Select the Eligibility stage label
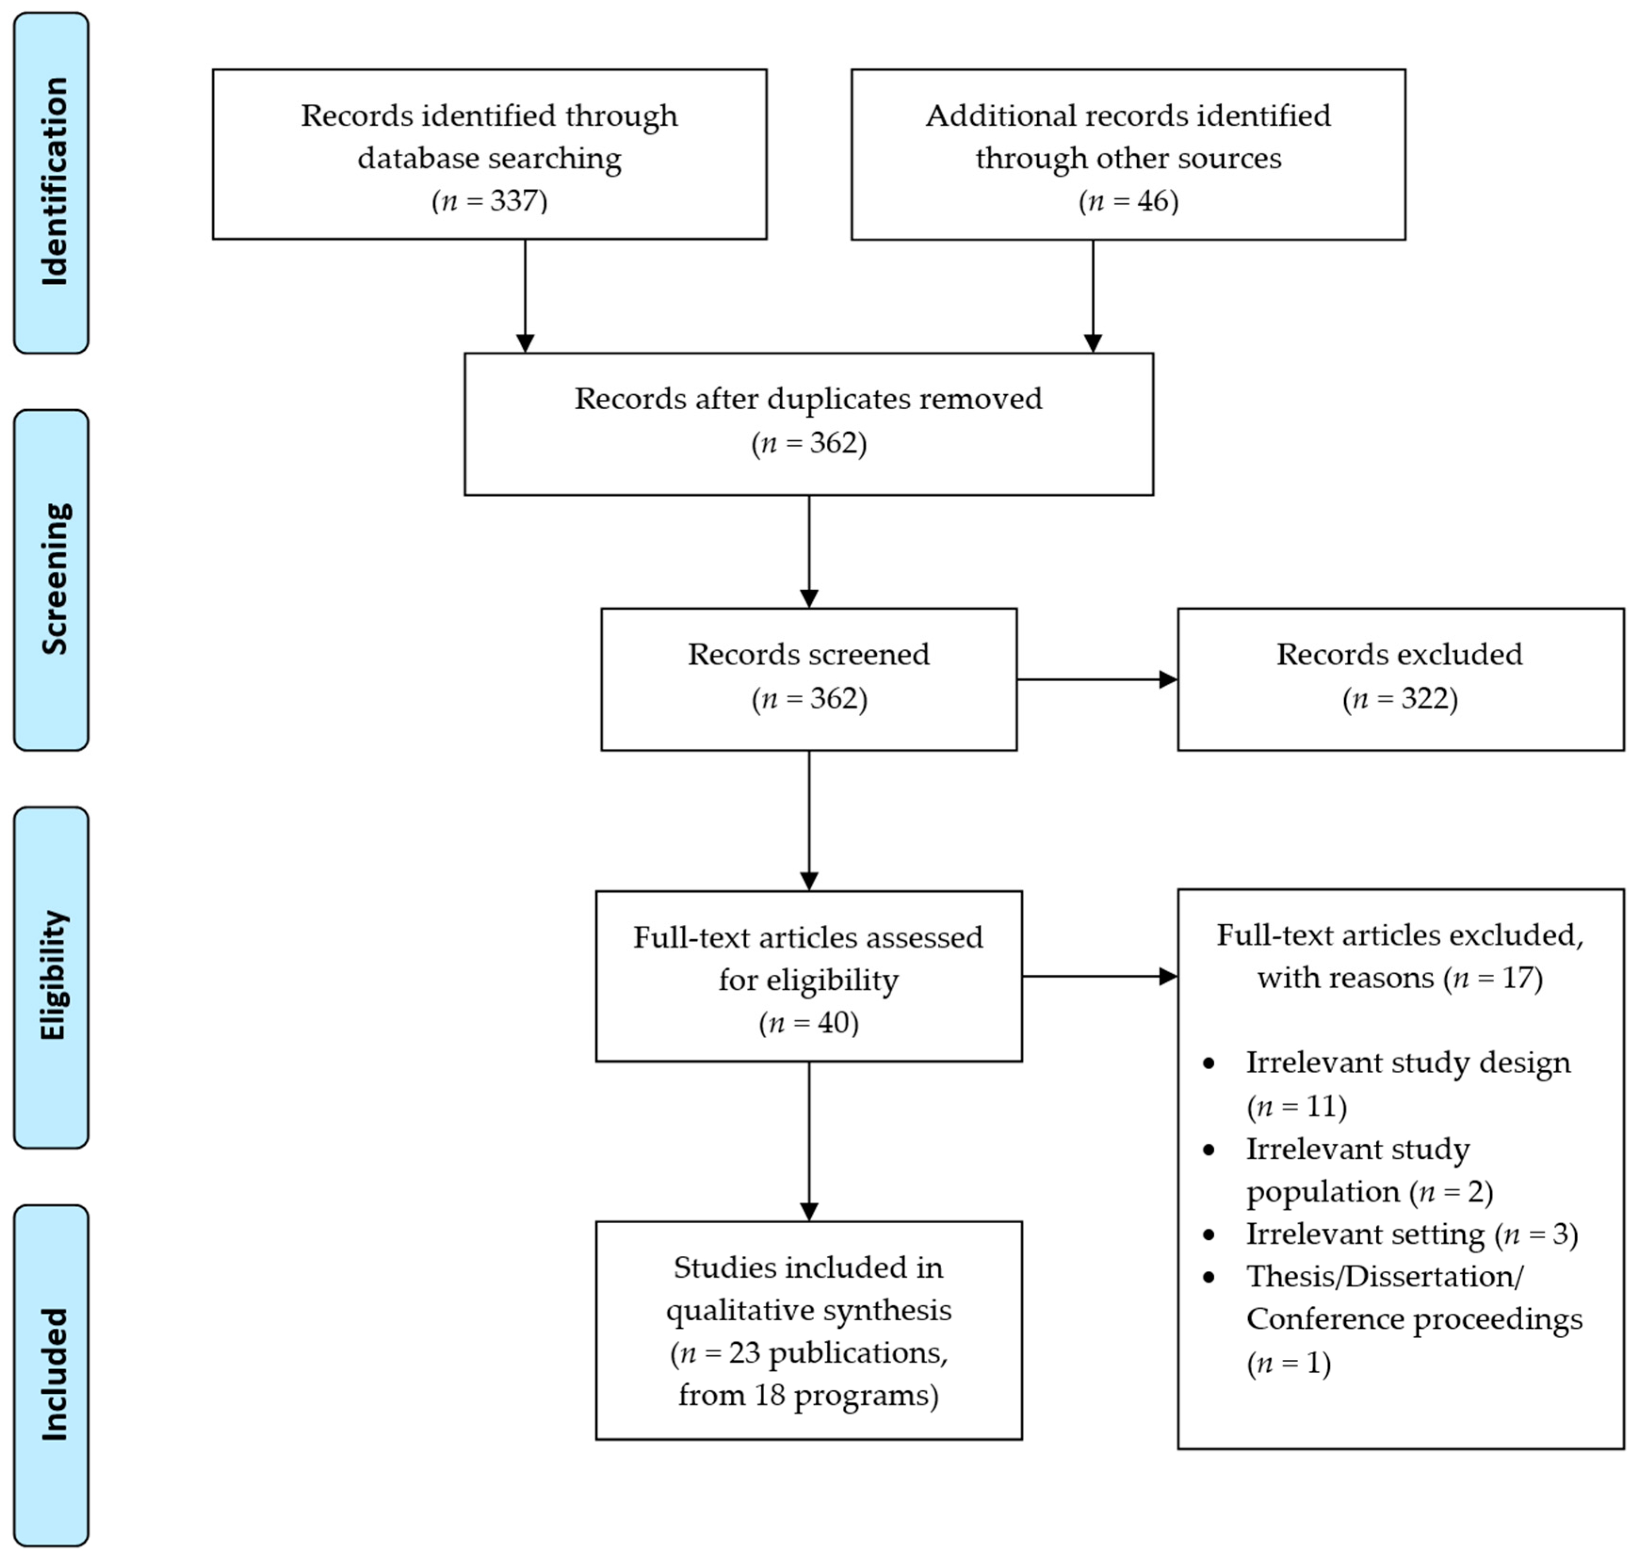click(x=53, y=977)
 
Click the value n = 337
click(x=490, y=201)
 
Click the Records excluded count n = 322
click(x=1400, y=698)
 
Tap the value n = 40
click(x=808, y=1022)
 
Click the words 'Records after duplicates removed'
click(x=808, y=399)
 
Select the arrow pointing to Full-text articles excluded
click(x=1099, y=977)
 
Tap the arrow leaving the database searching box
click(x=525, y=296)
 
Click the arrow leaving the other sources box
click(x=1093, y=296)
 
